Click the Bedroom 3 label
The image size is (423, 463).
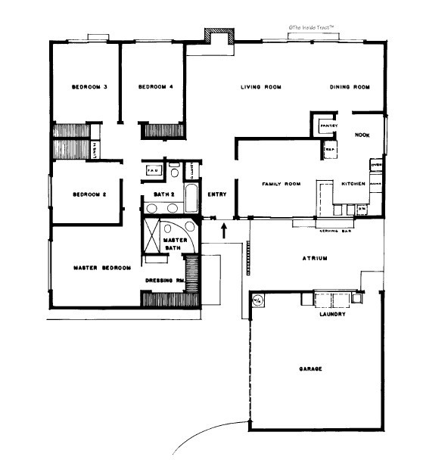tap(89, 88)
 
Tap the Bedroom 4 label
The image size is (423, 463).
tap(156, 88)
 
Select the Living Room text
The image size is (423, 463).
tap(261, 88)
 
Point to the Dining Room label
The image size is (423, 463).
tap(350, 88)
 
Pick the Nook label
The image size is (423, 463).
tap(362, 135)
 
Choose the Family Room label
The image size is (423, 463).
tap(281, 184)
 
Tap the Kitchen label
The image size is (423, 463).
tap(353, 184)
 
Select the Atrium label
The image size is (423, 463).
tap(314, 258)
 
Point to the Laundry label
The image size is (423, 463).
tap(332, 314)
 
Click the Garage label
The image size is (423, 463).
tap(310, 368)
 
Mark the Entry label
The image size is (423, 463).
tap(217, 194)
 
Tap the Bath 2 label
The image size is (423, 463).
tap(164, 194)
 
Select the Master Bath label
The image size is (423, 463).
tap(175, 244)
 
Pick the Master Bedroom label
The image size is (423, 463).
tap(102, 268)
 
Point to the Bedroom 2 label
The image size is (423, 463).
tap(89, 194)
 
